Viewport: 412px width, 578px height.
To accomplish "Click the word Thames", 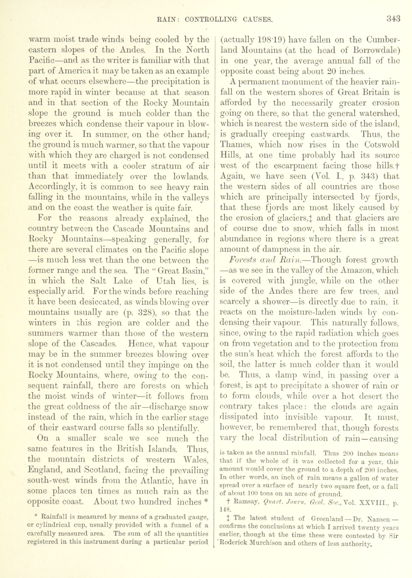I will (x=235, y=145).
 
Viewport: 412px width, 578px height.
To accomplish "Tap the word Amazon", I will (x=355, y=270).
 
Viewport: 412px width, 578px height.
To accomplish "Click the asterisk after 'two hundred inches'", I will (x=206, y=501).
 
